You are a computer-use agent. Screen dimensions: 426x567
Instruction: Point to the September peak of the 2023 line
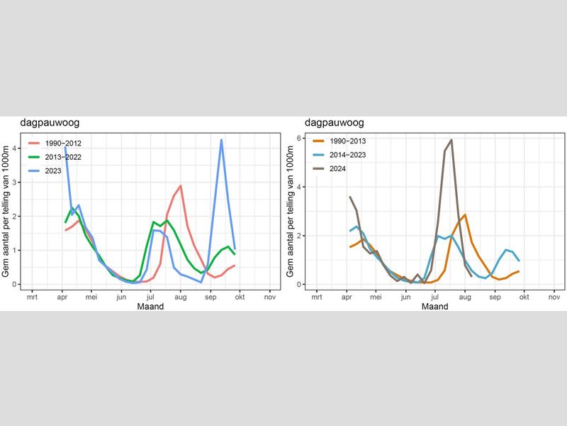pos(221,140)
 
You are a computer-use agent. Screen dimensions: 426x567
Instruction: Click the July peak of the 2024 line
pos(451,140)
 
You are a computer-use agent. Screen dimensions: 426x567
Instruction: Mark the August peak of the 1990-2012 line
pos(181,186)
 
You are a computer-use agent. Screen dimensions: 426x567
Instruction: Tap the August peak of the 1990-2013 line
pos(465,214)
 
